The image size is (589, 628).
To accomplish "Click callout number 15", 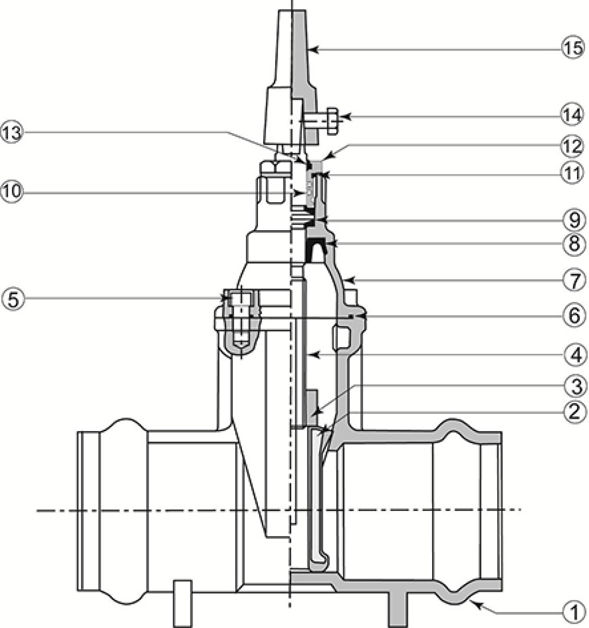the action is pos(573,48).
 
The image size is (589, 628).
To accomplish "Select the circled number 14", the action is pos(573,115).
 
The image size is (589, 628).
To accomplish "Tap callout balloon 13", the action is pos(12,132).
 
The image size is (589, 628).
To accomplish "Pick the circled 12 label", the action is pos(573,146).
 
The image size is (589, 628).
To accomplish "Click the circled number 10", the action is pos(12,192).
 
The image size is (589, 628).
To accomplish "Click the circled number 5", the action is pos(13,299).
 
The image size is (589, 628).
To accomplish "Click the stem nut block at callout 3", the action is pos(313,409).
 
